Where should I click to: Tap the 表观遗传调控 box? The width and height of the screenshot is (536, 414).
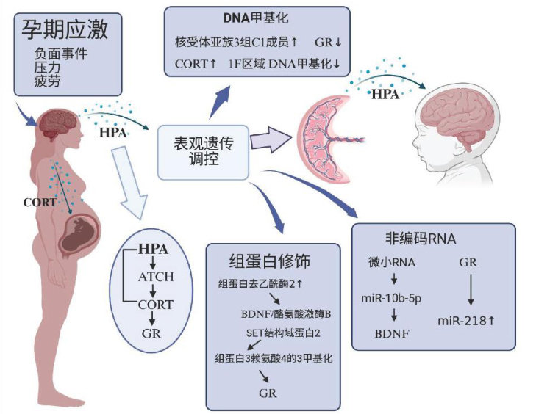[x=202, y=150]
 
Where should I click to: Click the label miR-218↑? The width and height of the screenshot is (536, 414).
[x=465, y=321]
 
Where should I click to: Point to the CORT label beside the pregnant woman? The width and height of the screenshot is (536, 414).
[x=39, y=203]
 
